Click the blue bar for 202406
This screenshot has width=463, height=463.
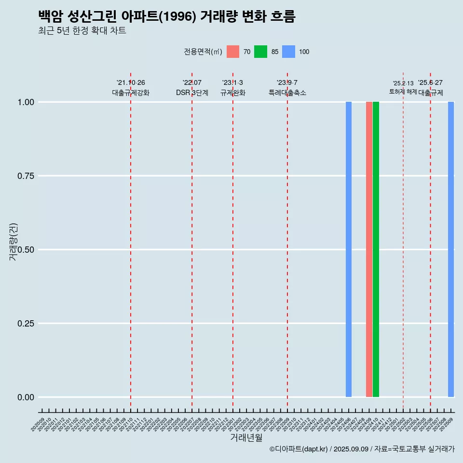point(349,249)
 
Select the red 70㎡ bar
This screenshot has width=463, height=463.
point(369,249)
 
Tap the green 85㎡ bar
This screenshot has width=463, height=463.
point(376,249)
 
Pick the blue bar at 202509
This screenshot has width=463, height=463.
point(451,249)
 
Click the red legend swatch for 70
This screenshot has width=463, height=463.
point(233,52)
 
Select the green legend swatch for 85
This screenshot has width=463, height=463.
point(260,52)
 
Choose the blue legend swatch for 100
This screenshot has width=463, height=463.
point(288,52)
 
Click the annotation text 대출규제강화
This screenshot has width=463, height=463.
point(131,93)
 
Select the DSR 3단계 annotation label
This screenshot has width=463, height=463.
point(192,93)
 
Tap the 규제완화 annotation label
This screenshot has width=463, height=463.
point(233,93)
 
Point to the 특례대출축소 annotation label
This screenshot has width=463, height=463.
point(287,93)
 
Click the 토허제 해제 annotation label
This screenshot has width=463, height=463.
point(403,92)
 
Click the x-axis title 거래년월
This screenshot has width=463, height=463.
point(246,437)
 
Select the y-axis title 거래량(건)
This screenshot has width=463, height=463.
point(14,241)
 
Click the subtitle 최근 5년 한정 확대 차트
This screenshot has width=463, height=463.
point(82,31)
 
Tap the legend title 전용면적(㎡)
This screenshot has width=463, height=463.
point(203,52)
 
